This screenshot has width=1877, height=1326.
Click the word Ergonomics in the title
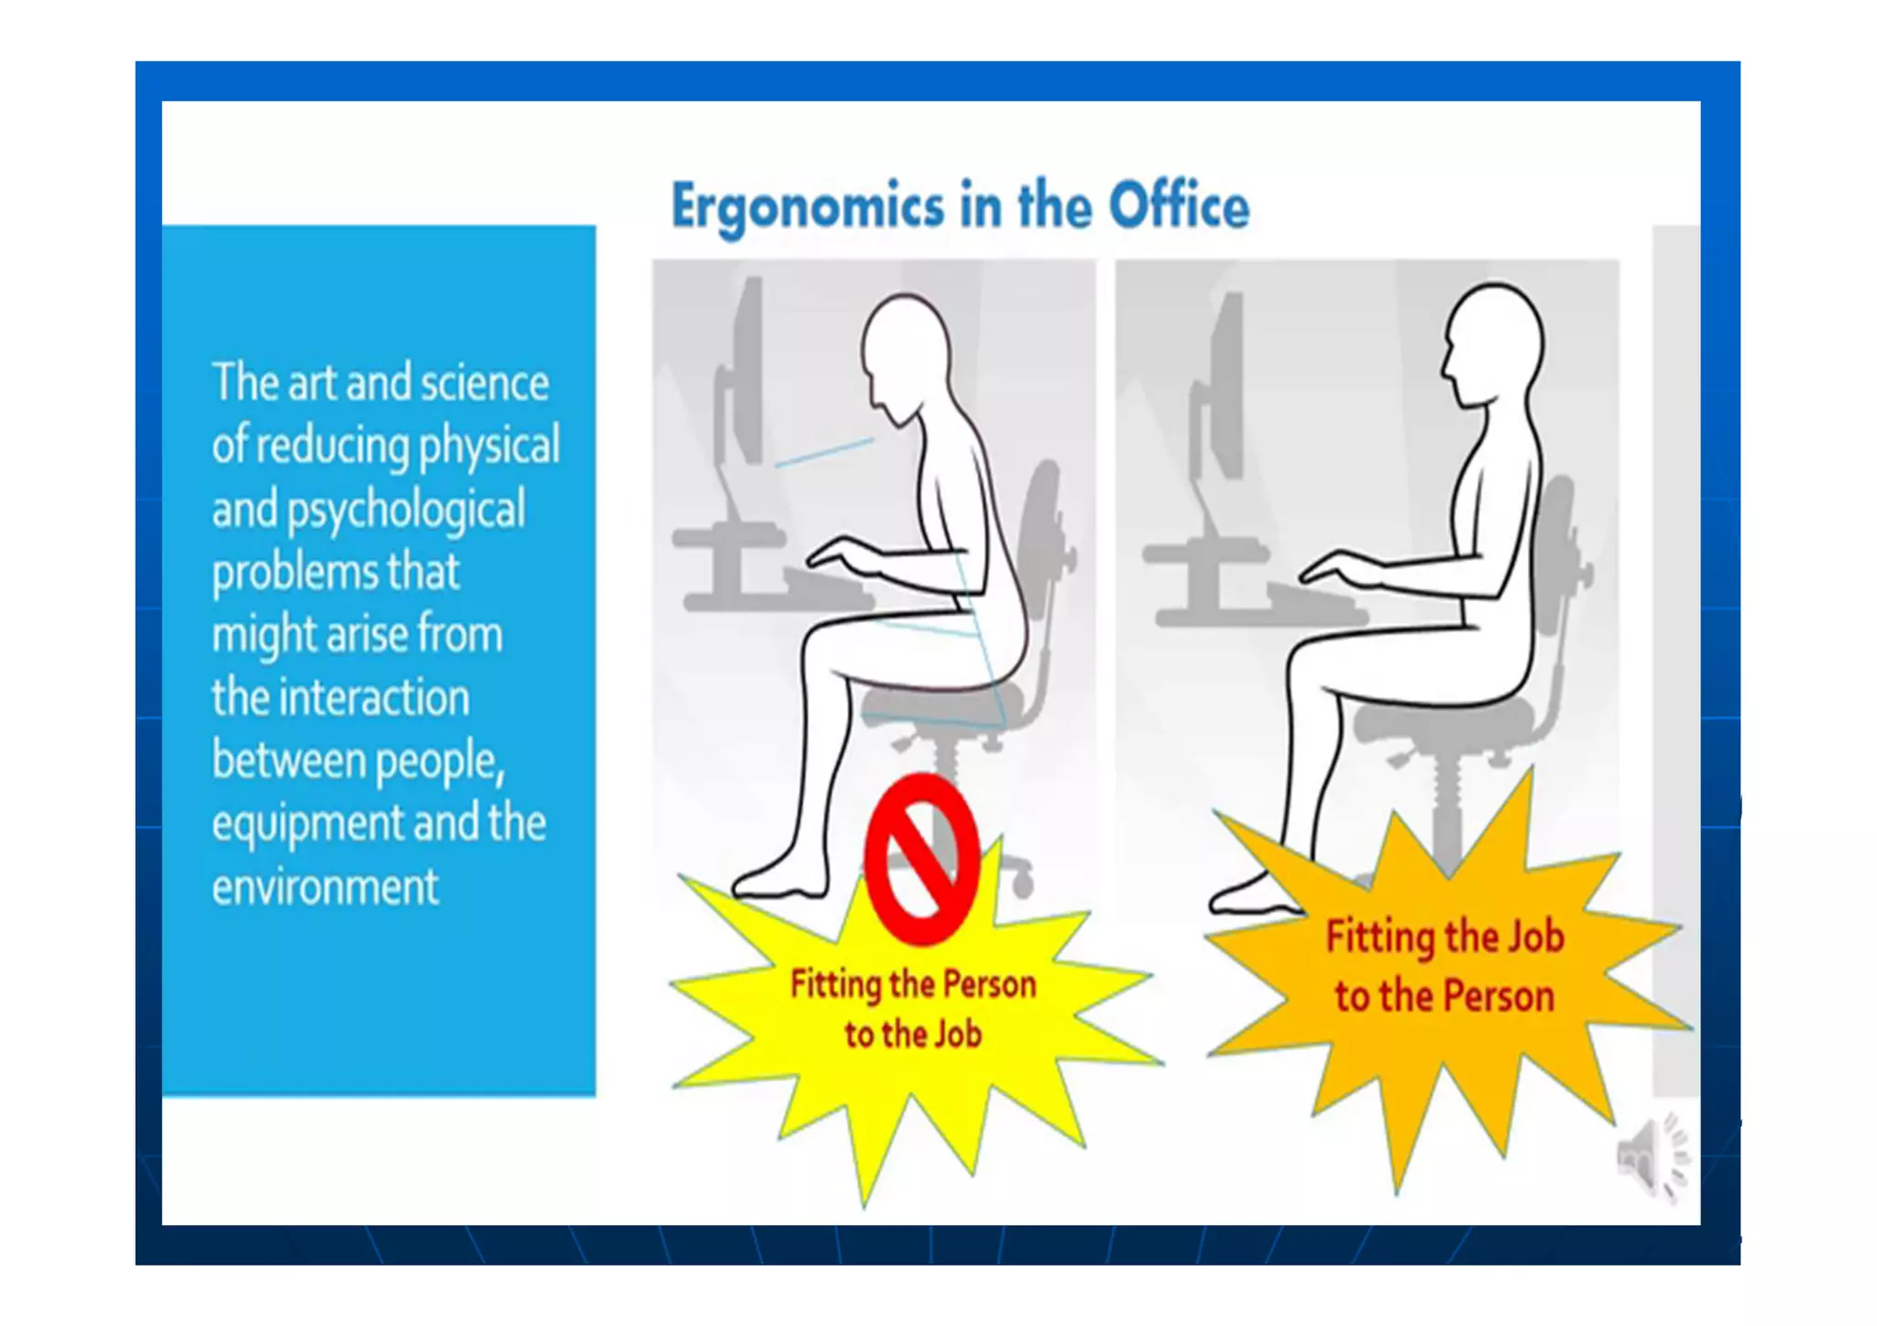tap(807, 207)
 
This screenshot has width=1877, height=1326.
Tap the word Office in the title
tap(1179, 205)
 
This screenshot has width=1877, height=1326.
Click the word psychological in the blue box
tap(406, 510)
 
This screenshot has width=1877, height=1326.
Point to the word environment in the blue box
tap(325, 887)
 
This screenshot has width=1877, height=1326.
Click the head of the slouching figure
tap(906, 353)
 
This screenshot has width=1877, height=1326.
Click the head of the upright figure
tap(1492, 344)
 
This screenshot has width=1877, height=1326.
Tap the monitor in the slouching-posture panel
tap(744, 376)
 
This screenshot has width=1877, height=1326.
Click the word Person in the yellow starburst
tap(989, 985)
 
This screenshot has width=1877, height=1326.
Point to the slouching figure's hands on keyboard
tap(839, 555)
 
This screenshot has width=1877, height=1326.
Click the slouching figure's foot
tap(779, 883)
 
